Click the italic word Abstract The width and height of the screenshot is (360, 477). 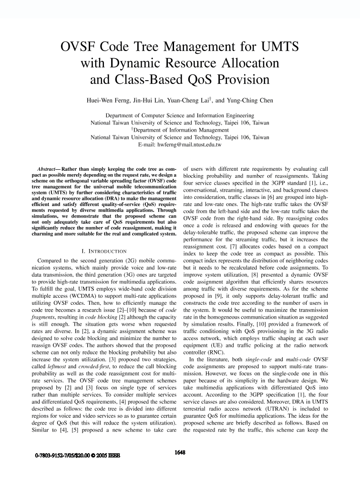click(x=48, y=169)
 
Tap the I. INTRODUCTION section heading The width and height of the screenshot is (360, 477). click(x=103, y=251)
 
